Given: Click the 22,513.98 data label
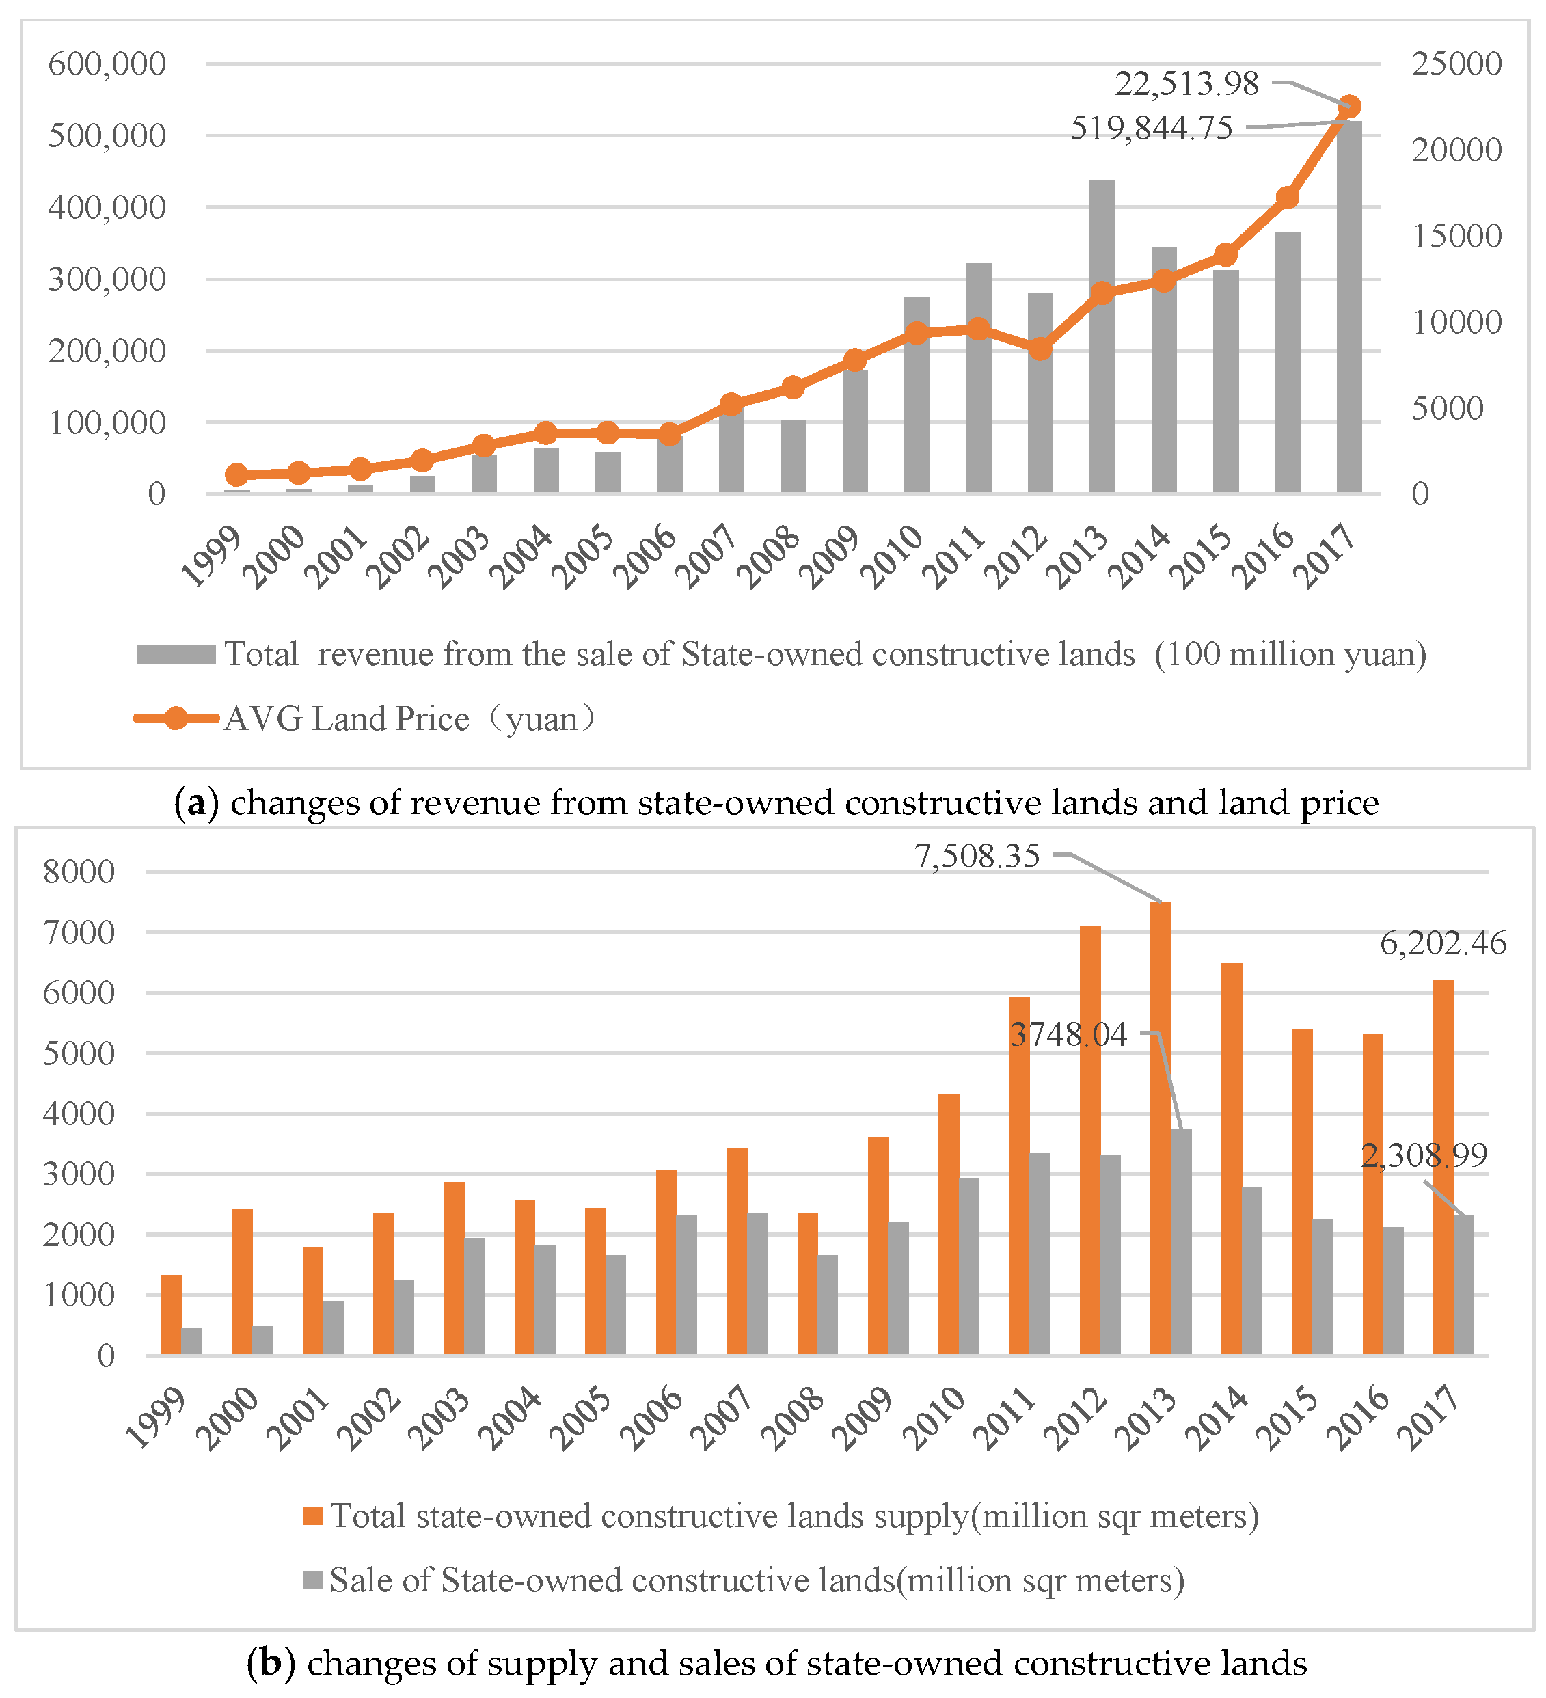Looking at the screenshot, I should coord(1186,84).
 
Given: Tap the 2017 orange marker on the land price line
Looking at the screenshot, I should coord(1349,106).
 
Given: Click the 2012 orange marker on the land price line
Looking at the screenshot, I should coord(1041,349).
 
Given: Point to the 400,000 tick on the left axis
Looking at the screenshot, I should coord(107,207).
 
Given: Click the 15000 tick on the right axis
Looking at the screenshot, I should coord(1456,237).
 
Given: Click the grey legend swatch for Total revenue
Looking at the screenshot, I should coord(176,654).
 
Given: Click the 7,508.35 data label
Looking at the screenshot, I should coord(977,857).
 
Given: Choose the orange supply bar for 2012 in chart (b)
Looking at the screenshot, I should coord(1090,1140).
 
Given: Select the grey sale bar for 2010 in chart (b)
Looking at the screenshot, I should coord(969,1265).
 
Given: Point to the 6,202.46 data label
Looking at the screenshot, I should coord(1442,943).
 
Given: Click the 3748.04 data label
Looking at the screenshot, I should coord(1068,1034).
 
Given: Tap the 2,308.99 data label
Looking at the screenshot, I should coord(1424,1155).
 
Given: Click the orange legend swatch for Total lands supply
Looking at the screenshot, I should coord(313,1516).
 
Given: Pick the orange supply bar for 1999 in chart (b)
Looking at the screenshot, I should coord(172,1314).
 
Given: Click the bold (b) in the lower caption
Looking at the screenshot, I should coord(270,1663).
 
